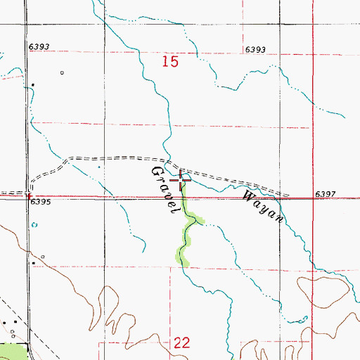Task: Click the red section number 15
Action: point(169,63)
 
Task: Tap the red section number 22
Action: point(181,342)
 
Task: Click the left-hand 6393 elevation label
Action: point(39,46)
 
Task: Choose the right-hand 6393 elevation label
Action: point(256,49)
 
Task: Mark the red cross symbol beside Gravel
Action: point(181,181)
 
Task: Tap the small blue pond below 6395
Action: point(35,225)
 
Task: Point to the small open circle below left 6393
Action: point(61,72)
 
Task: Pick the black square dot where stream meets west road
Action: point(32,86)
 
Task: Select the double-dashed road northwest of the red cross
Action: point(112,157)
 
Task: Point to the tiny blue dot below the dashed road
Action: point(98,167)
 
